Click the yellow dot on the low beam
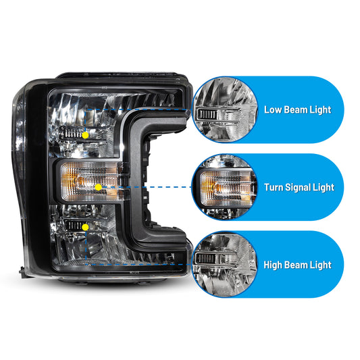pos(85,135)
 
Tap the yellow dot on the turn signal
pos(98,187)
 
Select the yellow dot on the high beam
pos(85,228)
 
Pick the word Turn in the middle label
pos(272,187)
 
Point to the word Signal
pos(297,188)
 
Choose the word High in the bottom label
pos(272,265)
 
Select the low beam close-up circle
pos(225,109)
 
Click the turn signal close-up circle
pos(225,187)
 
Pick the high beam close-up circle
pos(225,265)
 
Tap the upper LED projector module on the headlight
pos(73,133)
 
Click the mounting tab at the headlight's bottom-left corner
pos(22,272)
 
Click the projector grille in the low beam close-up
pos(207,114)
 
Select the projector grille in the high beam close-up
pos(206,259)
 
